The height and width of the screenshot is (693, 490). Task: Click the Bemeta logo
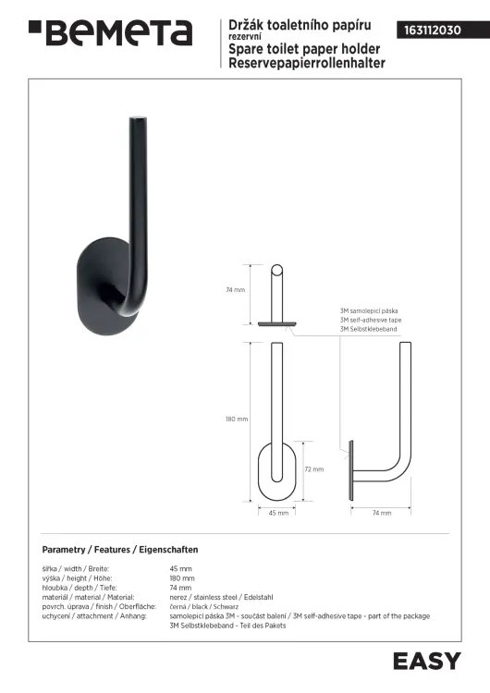point(111,32)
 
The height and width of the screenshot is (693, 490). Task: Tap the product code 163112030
point(433,30)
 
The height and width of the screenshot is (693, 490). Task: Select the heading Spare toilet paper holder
point(304,49)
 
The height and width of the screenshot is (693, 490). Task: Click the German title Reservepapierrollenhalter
point(307,63)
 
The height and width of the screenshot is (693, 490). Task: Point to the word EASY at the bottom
point(427,662)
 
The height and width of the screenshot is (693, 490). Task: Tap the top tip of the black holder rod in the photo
point(138,118)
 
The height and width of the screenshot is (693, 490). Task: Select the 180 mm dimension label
point(237,419)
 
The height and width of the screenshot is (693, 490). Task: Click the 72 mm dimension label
point(314,469)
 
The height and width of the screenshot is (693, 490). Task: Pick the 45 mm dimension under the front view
point(278,513)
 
